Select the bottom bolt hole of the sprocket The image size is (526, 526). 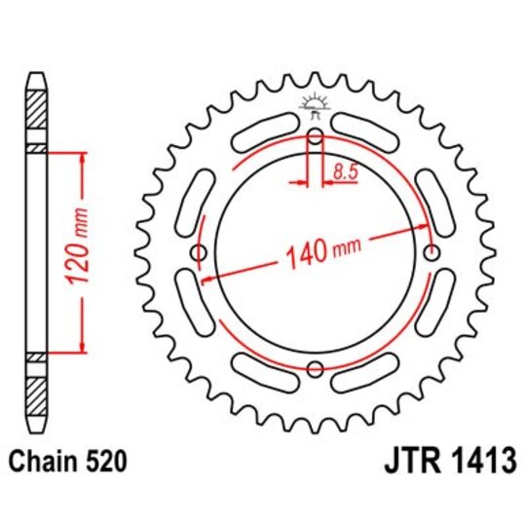tap(316, 369)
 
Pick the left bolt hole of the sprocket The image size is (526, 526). tap(201, 254)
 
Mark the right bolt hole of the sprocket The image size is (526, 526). tap(432, 254)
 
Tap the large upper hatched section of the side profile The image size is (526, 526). tap(37, 113)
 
